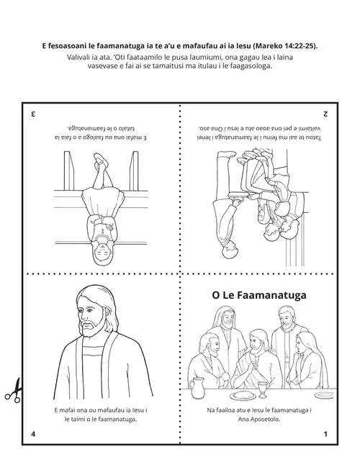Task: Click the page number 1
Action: [325, 434]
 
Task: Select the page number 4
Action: [33, 434]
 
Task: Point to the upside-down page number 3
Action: [32, 113]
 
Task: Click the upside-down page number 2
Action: [325, 113]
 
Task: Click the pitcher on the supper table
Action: [196, 389]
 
